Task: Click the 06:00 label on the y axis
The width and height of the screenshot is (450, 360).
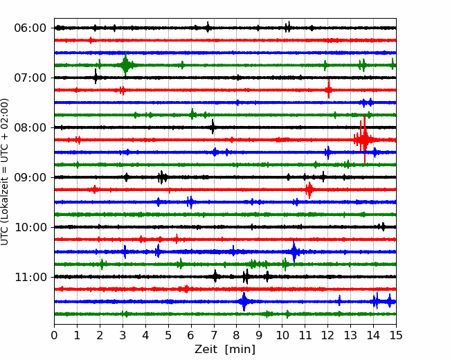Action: [x=30, y=28]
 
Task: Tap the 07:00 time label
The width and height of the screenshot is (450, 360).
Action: [x=30, y=78]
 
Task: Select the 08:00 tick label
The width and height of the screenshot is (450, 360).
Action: [x=30, y=127]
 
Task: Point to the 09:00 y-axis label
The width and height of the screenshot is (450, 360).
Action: [x=30, y=177]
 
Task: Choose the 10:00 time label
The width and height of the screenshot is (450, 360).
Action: [x=30, y=227]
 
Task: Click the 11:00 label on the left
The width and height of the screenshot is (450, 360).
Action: [x=30, y=277]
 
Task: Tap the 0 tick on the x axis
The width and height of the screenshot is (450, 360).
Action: [x=54, y=335]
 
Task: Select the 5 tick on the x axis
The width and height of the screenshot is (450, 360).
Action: [x=168, y=335]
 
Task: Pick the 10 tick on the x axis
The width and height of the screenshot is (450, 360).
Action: [x=282, y=335]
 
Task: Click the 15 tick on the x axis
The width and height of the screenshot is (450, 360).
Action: [x=396, y=335]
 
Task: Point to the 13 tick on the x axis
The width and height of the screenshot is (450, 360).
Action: [x=350, y=335]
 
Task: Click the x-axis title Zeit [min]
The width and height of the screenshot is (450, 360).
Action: [x=225, y=350]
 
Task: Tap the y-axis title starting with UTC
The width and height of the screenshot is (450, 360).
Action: [x=5, y=172]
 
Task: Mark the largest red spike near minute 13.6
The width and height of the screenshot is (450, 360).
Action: [x=364, y=140]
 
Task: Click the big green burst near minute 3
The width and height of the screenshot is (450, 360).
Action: [x=125, y=65]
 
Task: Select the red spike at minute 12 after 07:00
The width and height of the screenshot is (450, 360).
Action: [x=329, y=89]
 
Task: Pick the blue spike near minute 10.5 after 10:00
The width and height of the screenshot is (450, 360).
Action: [x=294, y=251]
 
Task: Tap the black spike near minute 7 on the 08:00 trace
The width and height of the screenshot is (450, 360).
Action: [x=213, y=127]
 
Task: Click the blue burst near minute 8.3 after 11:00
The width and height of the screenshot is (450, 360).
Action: [x=244, y=301]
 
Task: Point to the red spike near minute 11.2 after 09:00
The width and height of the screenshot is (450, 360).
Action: [x=309, y=190]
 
